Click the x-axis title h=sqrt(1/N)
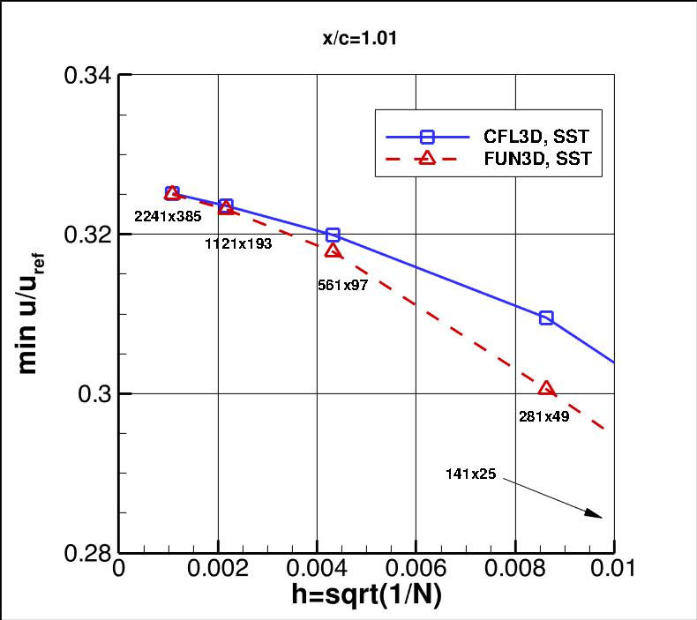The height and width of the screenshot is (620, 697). [366, 595]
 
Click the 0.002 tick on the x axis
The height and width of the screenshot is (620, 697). [218, 570]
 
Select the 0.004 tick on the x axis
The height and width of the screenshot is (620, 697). [317, 570]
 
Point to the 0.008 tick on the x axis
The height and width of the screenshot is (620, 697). [515, 570]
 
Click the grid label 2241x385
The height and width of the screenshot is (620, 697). [168, 215]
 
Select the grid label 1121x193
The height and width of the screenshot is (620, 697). [237, 244]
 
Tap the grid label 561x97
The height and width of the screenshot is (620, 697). [342, 285]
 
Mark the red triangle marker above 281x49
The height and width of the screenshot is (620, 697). [546, 389]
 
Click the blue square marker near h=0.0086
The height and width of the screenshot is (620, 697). [546, 317]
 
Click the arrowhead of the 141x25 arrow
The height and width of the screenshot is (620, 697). [597, 515]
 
